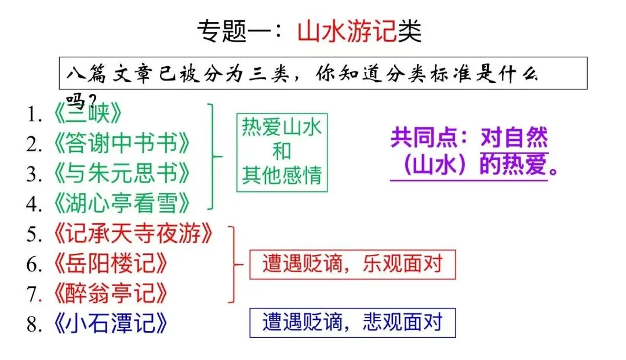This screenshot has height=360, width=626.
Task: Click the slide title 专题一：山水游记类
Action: tap(309, 32)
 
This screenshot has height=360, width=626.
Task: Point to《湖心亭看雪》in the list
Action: tap(122, 203)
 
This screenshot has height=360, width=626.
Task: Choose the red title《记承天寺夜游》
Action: tap(133, 234)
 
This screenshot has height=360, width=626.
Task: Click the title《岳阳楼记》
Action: tap(110, 264)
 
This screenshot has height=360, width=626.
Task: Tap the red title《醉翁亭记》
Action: tap(110, 293)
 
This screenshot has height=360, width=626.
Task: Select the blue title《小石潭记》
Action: tap(110, 323)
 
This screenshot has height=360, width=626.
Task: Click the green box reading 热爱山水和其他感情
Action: tap(282, 151)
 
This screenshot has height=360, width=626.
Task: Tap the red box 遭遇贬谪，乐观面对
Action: tap(352, 264)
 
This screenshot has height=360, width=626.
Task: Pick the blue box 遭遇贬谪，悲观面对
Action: tap(352, 322)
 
